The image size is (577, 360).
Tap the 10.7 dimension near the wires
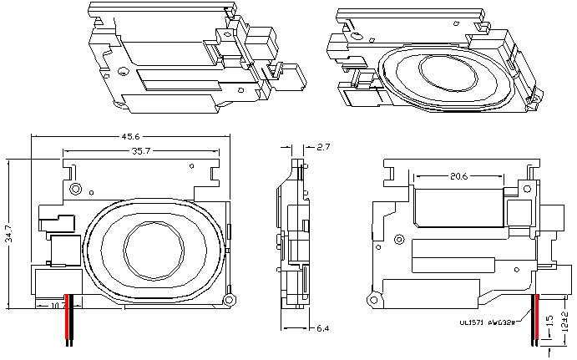point(59,306)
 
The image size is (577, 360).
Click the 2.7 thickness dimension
point(324,146)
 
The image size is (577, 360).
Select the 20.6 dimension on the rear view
point(458,176)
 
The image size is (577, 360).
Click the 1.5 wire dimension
point(549,322)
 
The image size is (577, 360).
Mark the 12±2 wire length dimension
point(565,320)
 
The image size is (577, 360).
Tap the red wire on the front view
point(67,322)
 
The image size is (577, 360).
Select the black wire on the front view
point(73,322)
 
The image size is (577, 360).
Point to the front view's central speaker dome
point(153,248)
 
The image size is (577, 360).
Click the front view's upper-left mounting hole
point(76,189)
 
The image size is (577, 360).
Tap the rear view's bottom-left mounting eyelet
point(372,298)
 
